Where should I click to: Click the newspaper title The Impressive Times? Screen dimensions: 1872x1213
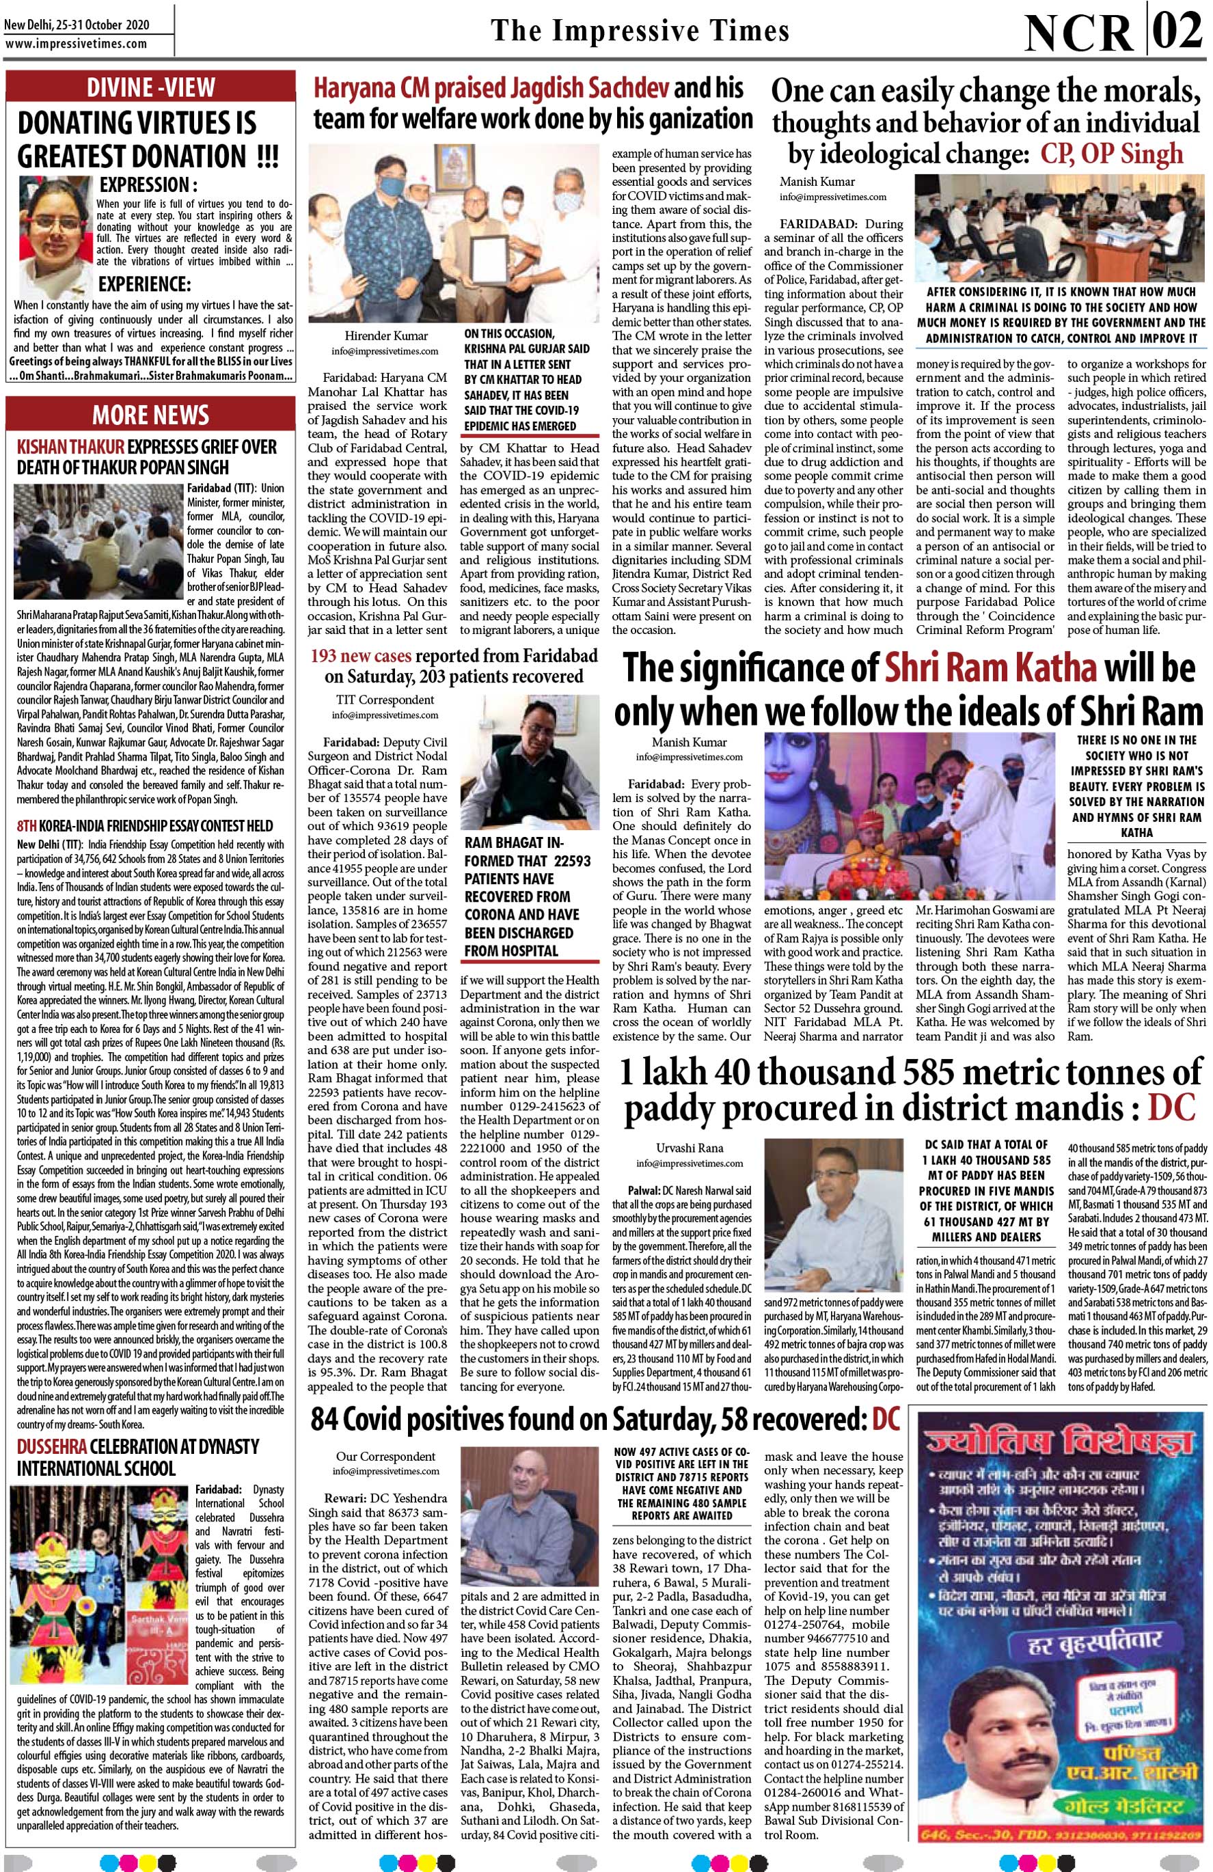click(640, 30)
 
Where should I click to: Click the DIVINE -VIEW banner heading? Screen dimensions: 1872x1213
click(151, 87)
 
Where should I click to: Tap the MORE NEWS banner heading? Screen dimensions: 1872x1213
click(151, 415)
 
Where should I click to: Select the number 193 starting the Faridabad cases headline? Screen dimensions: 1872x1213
click(328, 655)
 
